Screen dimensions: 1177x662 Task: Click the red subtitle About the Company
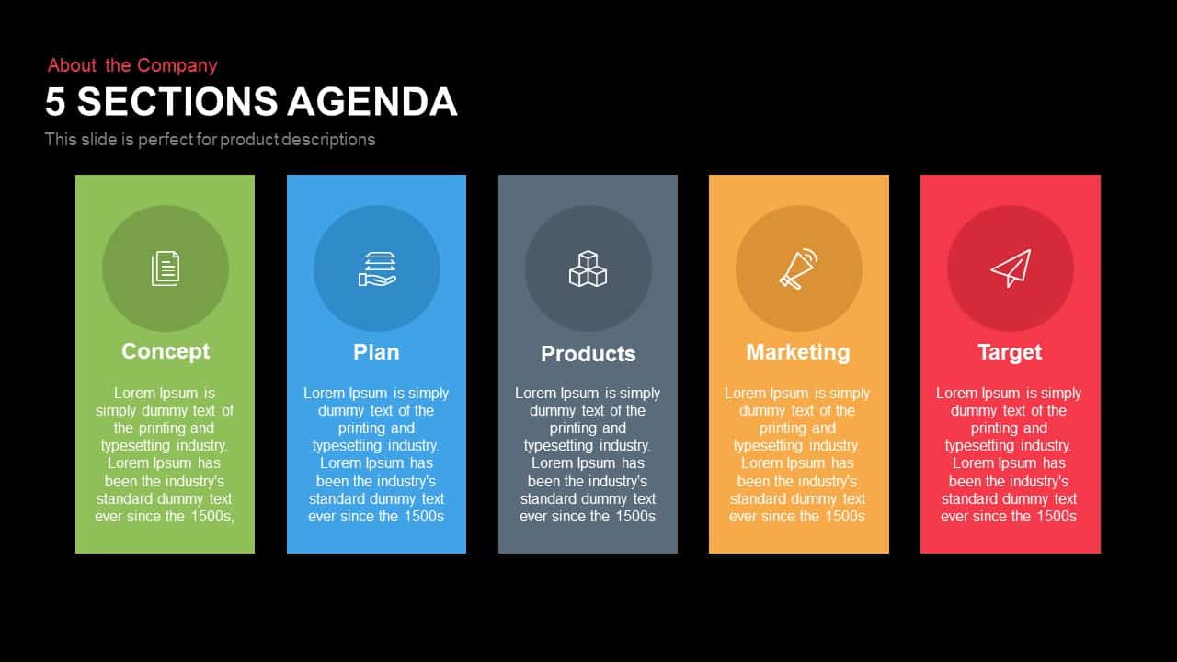click(x=132, y=65)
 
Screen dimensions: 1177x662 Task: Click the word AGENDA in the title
click(x=372, y=101)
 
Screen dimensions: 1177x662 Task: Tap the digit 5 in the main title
click(x=55, y=101)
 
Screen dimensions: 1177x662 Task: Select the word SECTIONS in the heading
click(x=177, y=101)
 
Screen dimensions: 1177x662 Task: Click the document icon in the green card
click(x=166, y=268)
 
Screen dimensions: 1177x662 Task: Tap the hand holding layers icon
click(x=377, y=269)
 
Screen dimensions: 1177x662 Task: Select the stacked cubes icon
click(x=588, y=268)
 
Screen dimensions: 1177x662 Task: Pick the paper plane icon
click(x=1011, y=268)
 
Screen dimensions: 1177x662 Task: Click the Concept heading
click(x=166, y=351)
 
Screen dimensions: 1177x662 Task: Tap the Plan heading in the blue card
click(x=376, y=352)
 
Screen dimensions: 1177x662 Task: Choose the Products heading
click(x=588, y=354)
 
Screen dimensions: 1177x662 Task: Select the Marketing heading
click(x=798, y=352)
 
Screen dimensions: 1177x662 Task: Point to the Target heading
click(x=1010, y=352)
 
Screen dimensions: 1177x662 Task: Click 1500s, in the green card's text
click(x=212, y=517)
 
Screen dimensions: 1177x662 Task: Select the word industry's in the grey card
click(x=617, y=481)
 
